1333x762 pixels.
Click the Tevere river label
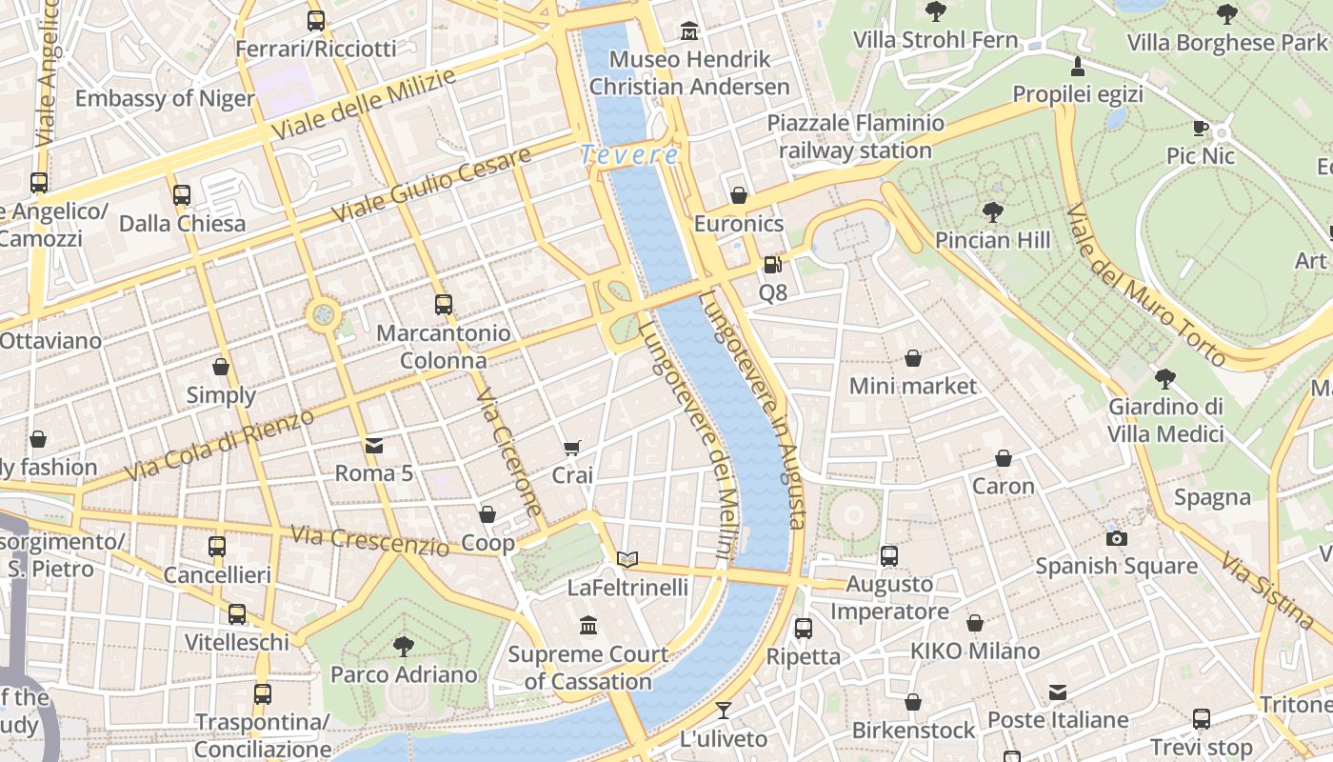pos(629,153)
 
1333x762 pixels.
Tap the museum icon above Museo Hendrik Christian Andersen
pos(689,32)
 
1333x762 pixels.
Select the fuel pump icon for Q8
pos(772,265)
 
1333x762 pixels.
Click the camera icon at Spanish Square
pos(1117,538)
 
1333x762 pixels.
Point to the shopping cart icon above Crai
pos(572,448)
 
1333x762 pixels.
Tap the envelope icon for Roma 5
pos(374,445)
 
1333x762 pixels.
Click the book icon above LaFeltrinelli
pos(627,559)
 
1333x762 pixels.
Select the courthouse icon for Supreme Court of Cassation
pos(588,626)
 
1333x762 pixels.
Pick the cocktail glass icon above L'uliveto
pos(724,711)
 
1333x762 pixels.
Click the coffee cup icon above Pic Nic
pos(1201,128)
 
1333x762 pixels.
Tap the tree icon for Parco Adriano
pos(404,646)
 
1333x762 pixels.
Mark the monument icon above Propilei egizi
pos(1077,66)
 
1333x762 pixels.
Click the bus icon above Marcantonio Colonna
pos(443,305)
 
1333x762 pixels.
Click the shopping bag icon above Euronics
pos(738,196)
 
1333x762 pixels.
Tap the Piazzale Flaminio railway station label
pos(855,136)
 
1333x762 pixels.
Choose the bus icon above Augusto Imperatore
pos(889,555)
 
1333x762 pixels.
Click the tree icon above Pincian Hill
pos(993,211)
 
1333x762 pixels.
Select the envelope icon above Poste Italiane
pos(1057,692)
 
